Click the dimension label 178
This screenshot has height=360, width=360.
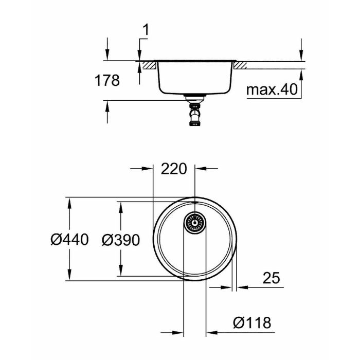107,81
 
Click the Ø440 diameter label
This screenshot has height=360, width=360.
70,239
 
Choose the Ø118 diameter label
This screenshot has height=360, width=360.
251,322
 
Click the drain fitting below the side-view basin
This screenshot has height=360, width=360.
194,112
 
